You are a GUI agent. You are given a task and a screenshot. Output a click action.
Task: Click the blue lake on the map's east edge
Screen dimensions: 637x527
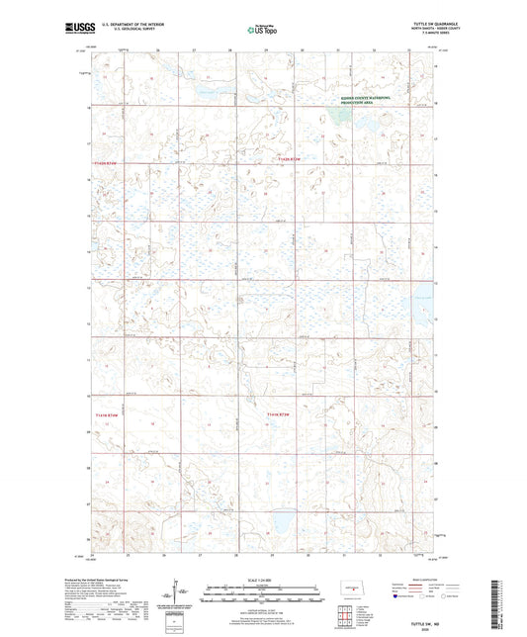423,297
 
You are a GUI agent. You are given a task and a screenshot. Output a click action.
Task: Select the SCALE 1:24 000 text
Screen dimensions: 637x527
261,580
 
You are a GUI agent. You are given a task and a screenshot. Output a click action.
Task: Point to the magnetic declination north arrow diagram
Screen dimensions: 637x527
180,593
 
